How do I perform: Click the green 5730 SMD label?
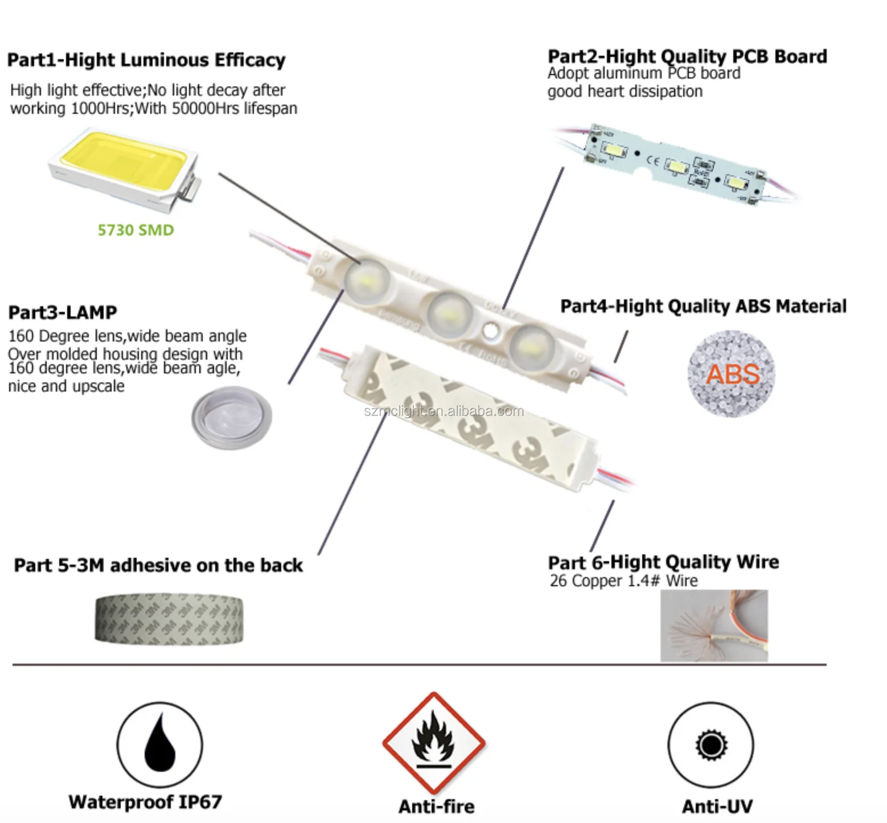click(135, 230)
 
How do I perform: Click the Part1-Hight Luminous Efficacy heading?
click(146, 60)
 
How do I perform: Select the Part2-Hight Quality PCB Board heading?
click(687, 56)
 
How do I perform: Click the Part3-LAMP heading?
click(63, 312)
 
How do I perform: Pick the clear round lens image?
click(231, 415)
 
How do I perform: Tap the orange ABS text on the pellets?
click(733, 374)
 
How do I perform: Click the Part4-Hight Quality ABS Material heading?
click(703, 306)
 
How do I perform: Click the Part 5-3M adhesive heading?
click(158, 565)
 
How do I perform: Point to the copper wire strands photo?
click(714, 626)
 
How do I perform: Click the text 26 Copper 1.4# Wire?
click(623, 581)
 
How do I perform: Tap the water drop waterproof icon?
click(159, 744)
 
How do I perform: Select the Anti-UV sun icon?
click(711, 744)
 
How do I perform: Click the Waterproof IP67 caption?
click(145, 802)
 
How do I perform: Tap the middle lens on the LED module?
click(450, 312)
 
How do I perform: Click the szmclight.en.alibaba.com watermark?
click(443, 411)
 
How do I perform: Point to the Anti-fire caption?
click(436, 806)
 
